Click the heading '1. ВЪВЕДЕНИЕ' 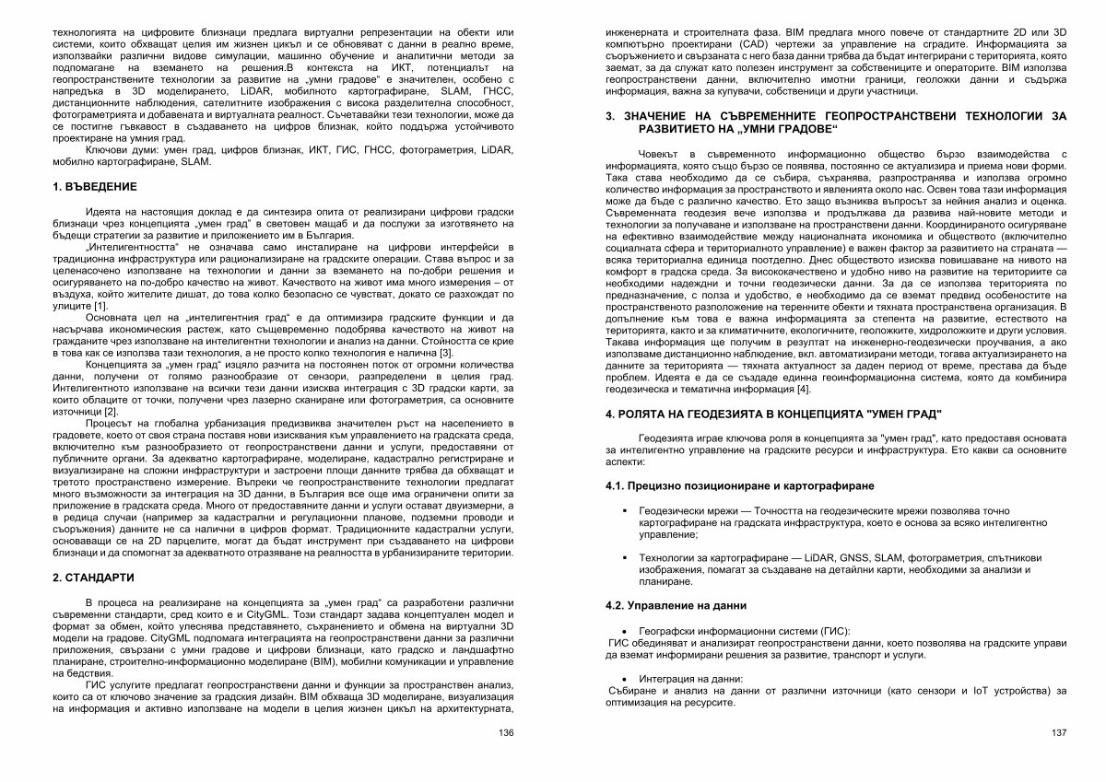click(95, 187)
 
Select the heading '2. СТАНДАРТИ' click(94, 578)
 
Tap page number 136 click(505, 732)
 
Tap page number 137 click(1058, 732)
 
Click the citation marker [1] click(101, 306)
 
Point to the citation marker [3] click(446, 354)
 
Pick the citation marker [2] click(111, 412)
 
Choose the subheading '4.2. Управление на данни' click(676, 606)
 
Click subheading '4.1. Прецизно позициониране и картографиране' click(740, 485)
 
